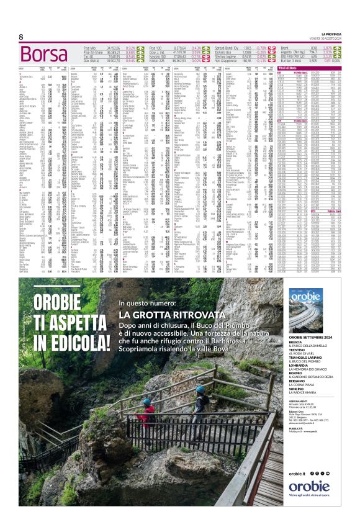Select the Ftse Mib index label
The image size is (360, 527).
pyautogui.click(x=90, y=48)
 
